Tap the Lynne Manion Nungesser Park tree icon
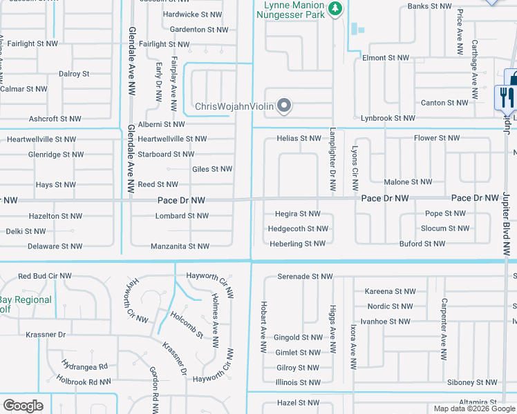[335, 9]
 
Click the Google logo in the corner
[23, 406]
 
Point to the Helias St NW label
[299, 139]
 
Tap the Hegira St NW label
[299, 214]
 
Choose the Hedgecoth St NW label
[298, 228]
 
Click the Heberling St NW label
[297, 244]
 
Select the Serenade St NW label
[305, 277]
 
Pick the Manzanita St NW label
[180, 246]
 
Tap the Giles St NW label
[212, 169]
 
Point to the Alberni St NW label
[161, 124]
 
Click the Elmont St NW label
[386, 58]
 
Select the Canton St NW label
[444, 103]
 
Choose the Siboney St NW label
[472, 382]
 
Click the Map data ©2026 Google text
[474, 408]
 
